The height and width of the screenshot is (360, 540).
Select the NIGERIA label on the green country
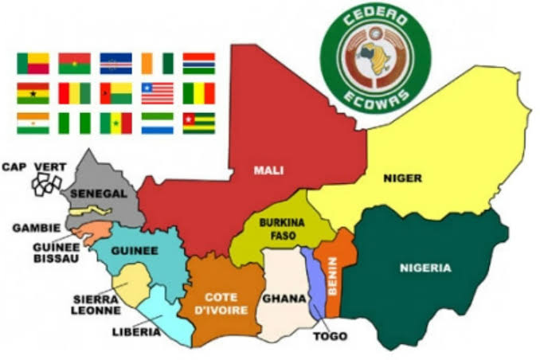(425, 268)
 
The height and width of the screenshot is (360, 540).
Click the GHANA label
(284, 299)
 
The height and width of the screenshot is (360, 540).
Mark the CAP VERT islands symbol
(45, 182)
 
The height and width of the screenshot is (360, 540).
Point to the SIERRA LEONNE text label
(93, 304)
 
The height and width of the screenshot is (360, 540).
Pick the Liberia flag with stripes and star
(157, 93)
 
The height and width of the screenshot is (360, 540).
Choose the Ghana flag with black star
(33, 93)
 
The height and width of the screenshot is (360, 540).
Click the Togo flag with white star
(198, 123)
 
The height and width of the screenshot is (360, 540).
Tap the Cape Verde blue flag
(115, 64)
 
